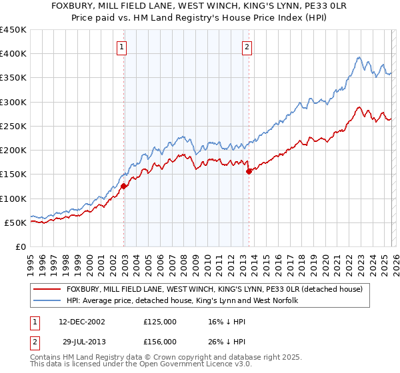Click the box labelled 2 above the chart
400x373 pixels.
coord(247,47)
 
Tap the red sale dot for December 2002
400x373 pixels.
coord(124,186)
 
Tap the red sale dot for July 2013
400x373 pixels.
coord(249,171)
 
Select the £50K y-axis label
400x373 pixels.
coord(15,222)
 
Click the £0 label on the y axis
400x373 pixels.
coord(20,246)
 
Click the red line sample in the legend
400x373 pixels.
coord(48,290)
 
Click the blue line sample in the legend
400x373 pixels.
coord(48,301)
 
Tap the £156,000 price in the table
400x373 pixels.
coord(160,341)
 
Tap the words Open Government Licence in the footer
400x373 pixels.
coord(171,366)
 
